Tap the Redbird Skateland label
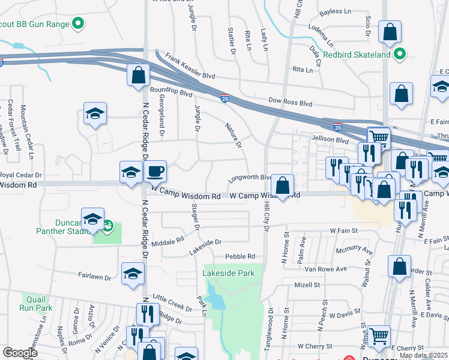[x=357, y=55]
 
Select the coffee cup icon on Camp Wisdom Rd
[x=155, y=173]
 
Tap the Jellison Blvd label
[x=330, y=140]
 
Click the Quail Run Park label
[x=35, y=302]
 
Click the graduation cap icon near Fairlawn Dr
[x=132, y=274]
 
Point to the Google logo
[x=20, y=353]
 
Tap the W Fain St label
[x=343, y=230]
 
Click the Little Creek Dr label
[x=172, y=303]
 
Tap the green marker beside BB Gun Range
[x=77, y=25]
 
